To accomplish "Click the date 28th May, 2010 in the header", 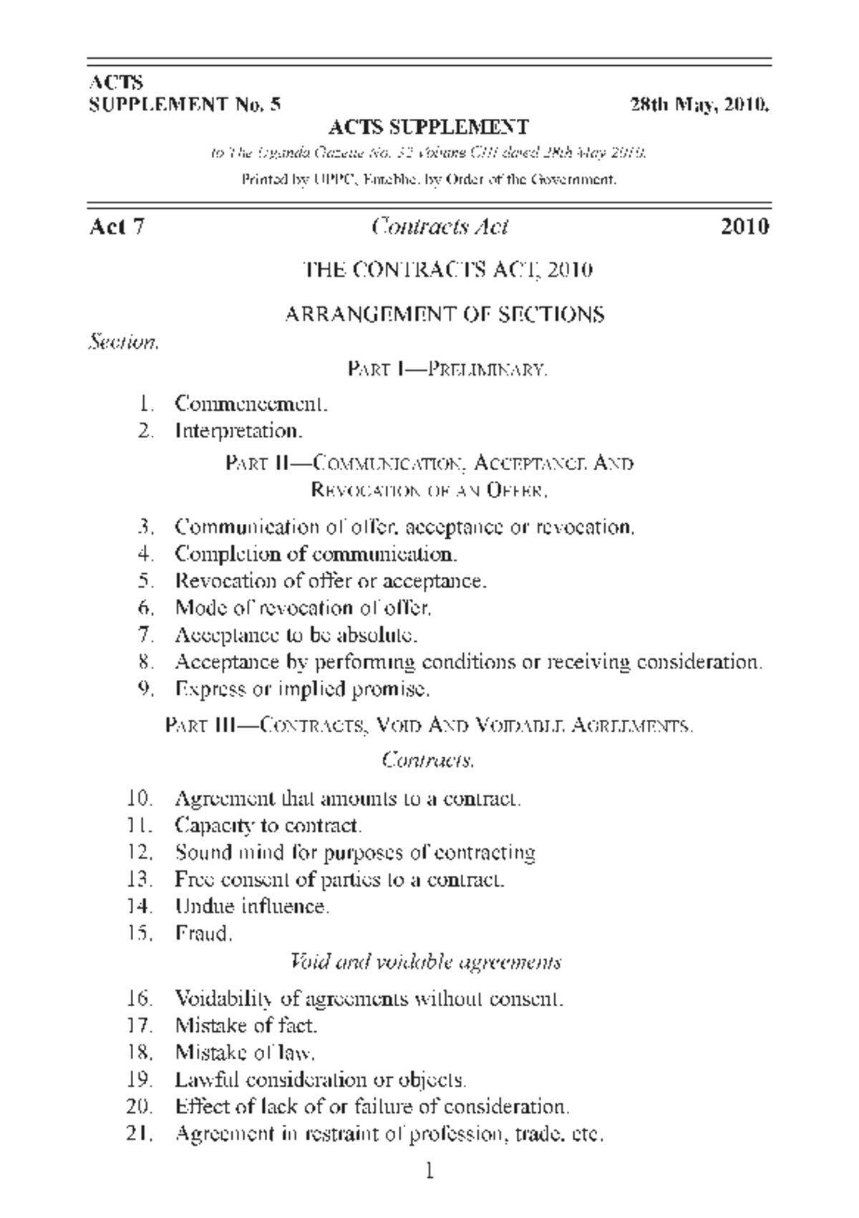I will point(699,105).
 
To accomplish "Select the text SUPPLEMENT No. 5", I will point(185,105).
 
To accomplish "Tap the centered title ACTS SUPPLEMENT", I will point(428,127).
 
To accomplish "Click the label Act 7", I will point(117,227).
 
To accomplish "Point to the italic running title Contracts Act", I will point(440,227).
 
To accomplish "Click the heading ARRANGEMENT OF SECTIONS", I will point(445,314).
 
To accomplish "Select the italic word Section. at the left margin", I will point(122,343).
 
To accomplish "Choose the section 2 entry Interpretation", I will point(239,431).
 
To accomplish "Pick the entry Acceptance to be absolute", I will point(296,635).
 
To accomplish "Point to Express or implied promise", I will point(302,689).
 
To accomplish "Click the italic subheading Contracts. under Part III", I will point(428,759).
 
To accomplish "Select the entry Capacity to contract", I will point(268,826).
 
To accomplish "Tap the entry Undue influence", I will point(252,907).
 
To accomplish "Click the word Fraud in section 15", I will point(203,934).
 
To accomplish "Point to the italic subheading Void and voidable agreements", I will point(426,961).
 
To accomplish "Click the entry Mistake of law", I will point(245,1053).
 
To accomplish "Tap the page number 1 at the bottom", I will point(429,1171).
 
